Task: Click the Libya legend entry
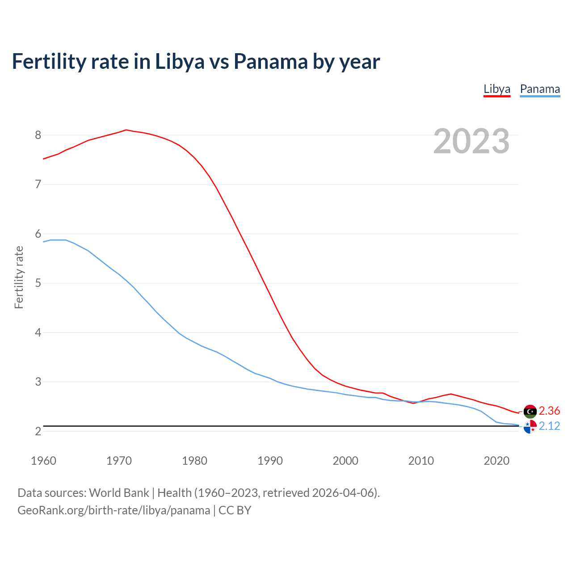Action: click(496, 89)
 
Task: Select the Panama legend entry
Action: click(540, 89)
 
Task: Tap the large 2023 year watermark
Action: click(471, 141)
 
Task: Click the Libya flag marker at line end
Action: click(530, 411)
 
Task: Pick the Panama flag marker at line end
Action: click(530, 427)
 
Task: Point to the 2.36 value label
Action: click(549, 411)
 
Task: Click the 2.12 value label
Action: click(549, 426)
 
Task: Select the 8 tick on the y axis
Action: click(38, 135)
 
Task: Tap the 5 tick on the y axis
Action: click(38, 283)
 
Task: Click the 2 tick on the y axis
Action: click(38, 431)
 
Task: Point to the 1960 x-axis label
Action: click(43, 461)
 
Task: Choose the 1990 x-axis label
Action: click(270, 461)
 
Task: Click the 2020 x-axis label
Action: click(496, 461)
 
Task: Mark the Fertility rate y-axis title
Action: click(19, 277)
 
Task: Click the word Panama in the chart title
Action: click(270, 62)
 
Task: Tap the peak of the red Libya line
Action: click(126, 130)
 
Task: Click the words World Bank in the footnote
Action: click(119, 493)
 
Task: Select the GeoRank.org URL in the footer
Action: click(114, 510)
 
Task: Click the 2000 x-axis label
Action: click(345, 461)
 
